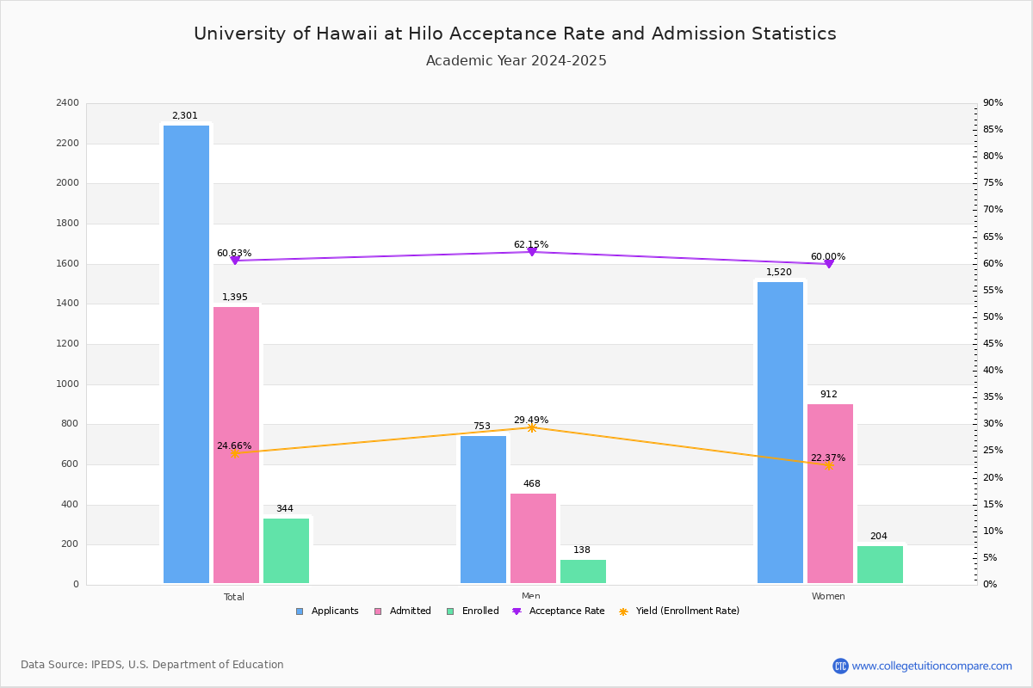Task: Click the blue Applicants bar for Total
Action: coord(186,354)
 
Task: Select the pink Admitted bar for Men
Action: coord(533,538)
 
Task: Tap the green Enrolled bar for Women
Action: coord(880,564)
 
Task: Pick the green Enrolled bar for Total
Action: coord(286,550)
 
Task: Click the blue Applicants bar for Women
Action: coord(780,433)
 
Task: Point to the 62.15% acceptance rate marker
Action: coord(531,251)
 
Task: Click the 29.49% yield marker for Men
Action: coord(531,427)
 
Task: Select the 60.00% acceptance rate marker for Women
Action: coord(828,263)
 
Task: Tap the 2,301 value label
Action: coord(185,116)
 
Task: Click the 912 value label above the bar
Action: coord(828,395)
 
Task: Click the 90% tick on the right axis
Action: coord(993,103)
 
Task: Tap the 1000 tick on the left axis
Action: coord(69,384)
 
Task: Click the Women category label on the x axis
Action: coord(828,597)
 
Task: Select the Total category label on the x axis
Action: coord(234,597)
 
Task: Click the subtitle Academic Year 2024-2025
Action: coord(516,61)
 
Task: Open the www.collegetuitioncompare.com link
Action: coord(931,666)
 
